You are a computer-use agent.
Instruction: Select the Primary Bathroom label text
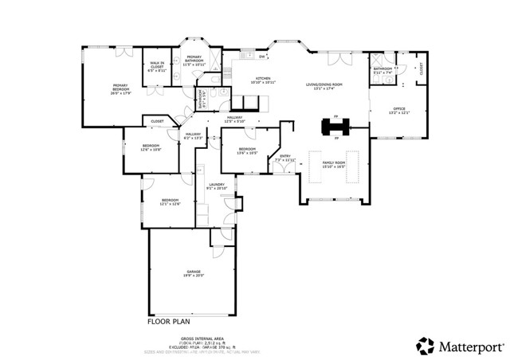coord(194,61)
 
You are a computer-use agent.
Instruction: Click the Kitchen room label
coord(263,80)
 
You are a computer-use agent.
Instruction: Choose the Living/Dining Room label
coord(324,86)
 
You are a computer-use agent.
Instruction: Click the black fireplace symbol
coord(331,127)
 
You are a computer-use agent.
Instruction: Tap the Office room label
coord(398,110)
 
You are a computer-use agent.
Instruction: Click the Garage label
coord(194,273)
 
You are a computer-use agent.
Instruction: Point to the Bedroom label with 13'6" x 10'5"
coord(247,151)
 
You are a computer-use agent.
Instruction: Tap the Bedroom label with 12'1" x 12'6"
coord(171,202)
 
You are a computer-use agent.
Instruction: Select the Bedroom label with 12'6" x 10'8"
coord(151,147)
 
